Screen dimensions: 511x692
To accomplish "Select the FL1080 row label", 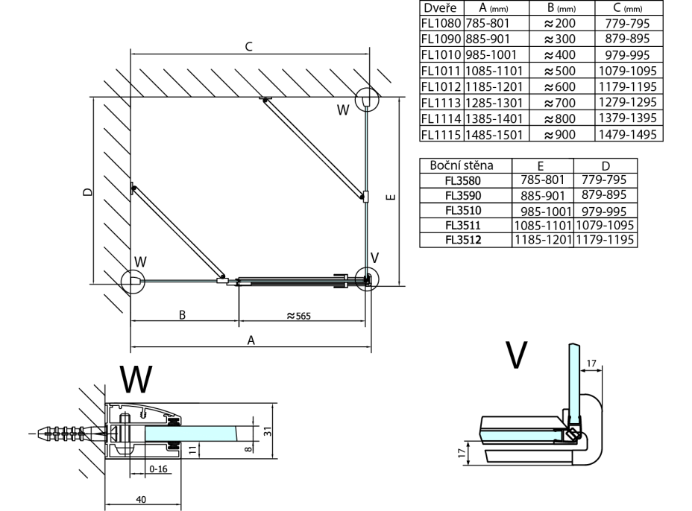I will [441, 24].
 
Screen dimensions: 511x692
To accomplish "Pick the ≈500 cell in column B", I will [559, 71].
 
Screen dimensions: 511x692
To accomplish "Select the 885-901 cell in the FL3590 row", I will [541, 194].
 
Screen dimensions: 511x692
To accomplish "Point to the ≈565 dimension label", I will [298, 314].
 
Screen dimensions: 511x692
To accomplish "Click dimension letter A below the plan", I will [251, 340].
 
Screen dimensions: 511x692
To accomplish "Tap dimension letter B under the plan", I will [182, 314].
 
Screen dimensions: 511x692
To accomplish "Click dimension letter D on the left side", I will [87, 192].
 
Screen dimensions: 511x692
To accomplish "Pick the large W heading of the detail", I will [136, 379].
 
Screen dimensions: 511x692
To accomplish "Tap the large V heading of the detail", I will [516, 357].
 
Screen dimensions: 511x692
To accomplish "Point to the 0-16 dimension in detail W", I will [157, 470].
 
